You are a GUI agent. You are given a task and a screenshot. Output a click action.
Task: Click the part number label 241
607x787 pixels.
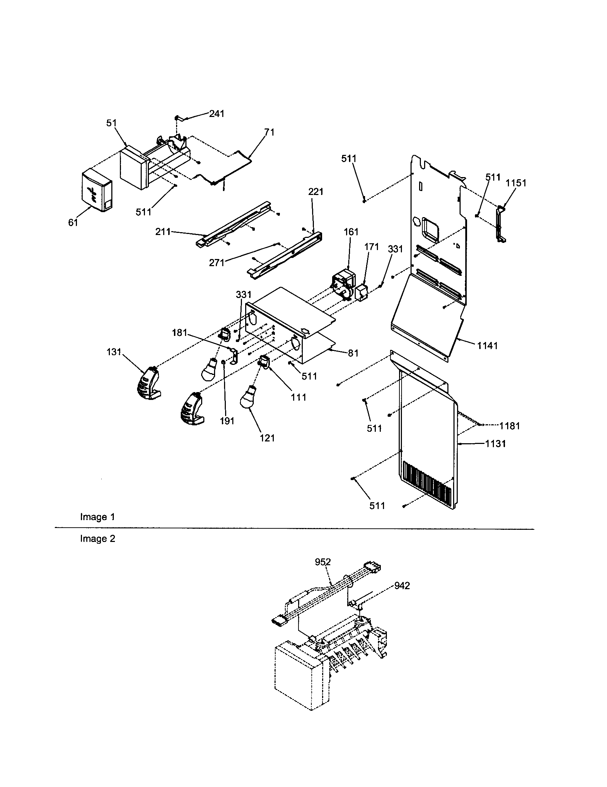point(217,114)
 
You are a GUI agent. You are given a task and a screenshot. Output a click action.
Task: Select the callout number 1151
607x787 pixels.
point(516,183)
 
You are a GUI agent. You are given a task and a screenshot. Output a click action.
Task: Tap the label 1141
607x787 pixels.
point(487,346)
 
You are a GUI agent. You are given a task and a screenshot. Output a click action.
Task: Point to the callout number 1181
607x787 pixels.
point(509,426)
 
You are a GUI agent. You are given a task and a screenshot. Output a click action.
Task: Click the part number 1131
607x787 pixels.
point(495,444)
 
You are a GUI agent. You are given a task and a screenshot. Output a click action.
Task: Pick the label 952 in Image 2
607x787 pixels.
point(322,562)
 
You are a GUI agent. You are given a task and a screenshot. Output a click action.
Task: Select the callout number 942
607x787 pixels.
point(402,586)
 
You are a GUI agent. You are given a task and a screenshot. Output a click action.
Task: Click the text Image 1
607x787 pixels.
point(97,517)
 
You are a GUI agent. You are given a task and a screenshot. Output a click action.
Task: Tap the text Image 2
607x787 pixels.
point(97,539)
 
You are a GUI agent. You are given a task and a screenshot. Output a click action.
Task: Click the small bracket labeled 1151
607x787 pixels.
point(501,224)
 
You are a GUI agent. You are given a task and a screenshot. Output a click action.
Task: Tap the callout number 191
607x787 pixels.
point(227,421)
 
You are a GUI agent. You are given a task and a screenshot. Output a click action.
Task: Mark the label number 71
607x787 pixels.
point(269,133)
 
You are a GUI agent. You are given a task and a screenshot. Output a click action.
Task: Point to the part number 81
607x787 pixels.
point(353,353)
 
